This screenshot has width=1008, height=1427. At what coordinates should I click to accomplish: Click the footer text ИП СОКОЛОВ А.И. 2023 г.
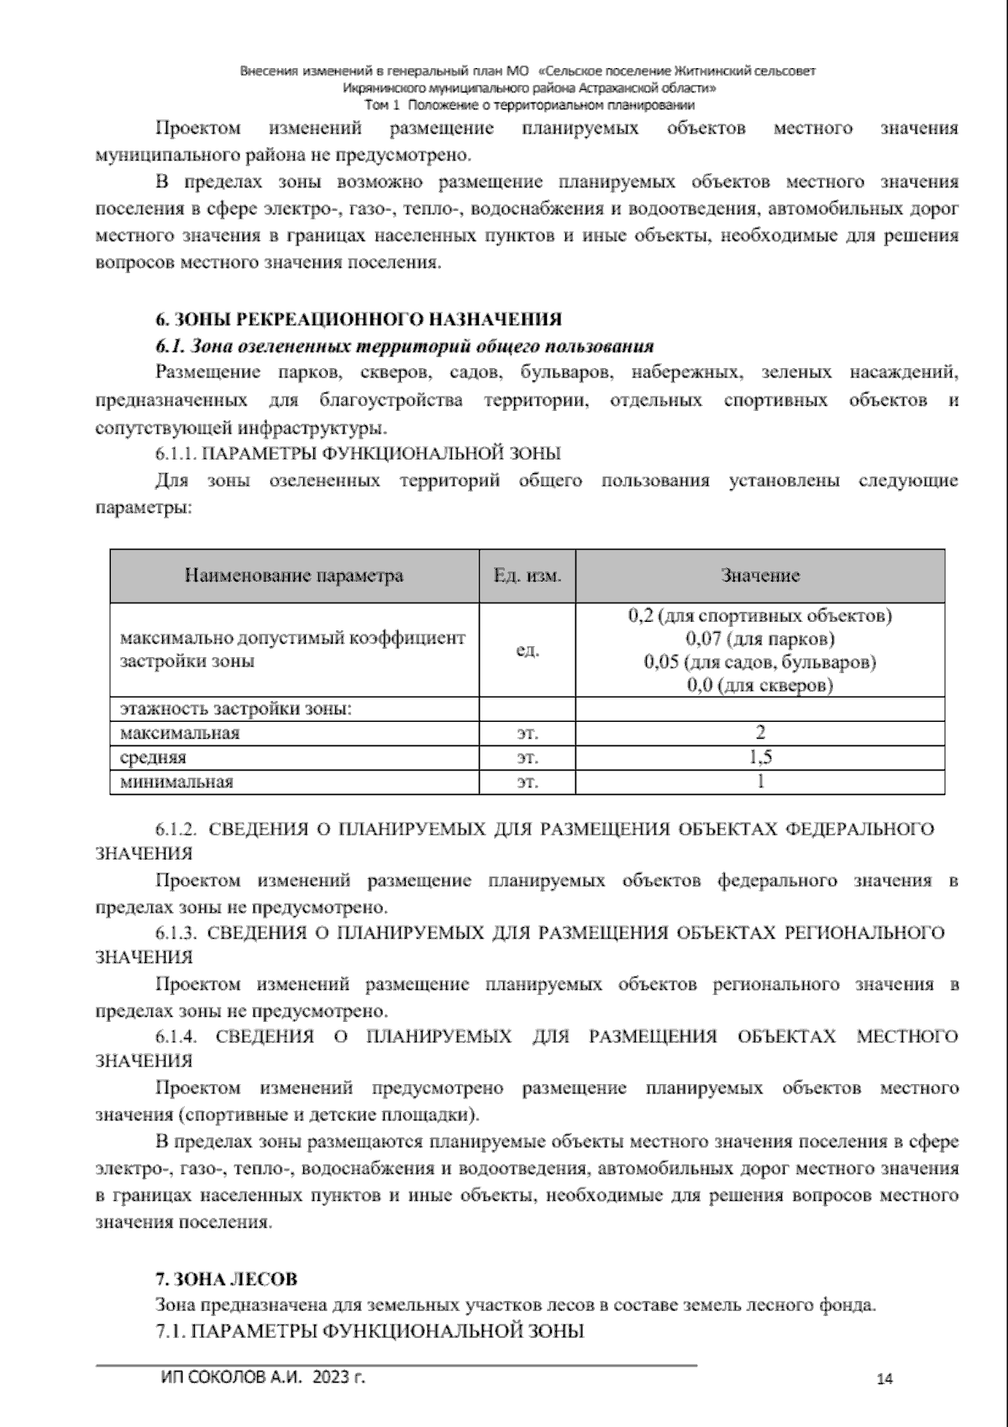[262, 1377]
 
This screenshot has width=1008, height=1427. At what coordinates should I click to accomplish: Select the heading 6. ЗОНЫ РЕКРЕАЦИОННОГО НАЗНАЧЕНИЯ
[359, 319]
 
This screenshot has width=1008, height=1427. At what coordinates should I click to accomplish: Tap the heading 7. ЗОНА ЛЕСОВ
[226, 1279]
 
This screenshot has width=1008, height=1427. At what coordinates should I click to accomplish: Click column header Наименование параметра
[294, 576]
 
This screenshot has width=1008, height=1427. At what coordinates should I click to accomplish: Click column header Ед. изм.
[528, 576]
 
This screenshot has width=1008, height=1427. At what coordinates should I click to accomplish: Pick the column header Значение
[760, 576]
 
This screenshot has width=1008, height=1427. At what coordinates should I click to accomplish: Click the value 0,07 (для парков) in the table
[760, 639]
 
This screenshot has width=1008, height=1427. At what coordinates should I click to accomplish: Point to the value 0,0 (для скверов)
[760, 685]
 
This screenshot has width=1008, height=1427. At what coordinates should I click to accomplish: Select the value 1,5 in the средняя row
[760, 757]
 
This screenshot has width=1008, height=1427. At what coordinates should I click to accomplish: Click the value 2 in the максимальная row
[760, 732]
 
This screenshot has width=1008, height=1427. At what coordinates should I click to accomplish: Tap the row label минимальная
[176, 782]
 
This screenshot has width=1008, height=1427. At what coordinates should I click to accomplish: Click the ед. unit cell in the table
[528, 650]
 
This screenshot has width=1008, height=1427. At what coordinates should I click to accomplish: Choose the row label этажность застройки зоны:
[235, 708]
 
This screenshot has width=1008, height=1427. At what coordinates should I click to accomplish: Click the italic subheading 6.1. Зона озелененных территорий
[404, 346]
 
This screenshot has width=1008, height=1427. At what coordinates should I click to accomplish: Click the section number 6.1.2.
[176, 829]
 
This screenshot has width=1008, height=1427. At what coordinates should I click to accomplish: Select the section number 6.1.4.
[176, 1036]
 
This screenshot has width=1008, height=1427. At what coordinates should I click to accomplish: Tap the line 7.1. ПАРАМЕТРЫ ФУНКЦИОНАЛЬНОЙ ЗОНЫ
[370, 1331]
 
